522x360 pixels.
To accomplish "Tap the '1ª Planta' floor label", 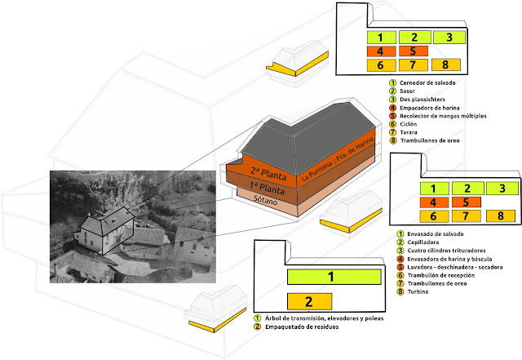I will pos(253,190).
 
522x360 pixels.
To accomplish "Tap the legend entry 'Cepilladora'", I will pos(420,242).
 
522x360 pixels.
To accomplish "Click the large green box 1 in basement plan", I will pos(332,277).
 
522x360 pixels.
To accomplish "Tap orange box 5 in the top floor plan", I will pos(414,51).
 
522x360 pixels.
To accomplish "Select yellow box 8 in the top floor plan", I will pos(445,64).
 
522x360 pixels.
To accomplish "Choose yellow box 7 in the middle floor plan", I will pos(452,216).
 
